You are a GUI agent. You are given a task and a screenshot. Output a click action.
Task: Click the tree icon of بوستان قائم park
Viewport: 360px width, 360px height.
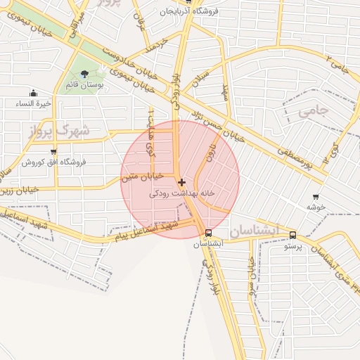[x=85, y=74]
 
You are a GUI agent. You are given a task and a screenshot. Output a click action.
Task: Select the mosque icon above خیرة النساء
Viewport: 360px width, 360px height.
[x=32, y=94]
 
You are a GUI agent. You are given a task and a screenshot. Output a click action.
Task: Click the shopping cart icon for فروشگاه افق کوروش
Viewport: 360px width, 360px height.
[x=53, y=151]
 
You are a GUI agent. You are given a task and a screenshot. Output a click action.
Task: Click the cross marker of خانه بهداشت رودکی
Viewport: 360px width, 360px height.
[x=181, y=182]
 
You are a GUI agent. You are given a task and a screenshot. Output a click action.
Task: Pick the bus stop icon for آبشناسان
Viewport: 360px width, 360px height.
[x=208, y=233]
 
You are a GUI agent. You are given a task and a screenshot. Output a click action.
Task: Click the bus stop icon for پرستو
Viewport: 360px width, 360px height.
[x=292, y=236]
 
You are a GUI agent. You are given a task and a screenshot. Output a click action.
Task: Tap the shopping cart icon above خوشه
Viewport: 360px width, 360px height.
[x=315, y=198]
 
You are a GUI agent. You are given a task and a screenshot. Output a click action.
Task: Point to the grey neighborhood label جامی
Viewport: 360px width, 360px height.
[x=313, y=111]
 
